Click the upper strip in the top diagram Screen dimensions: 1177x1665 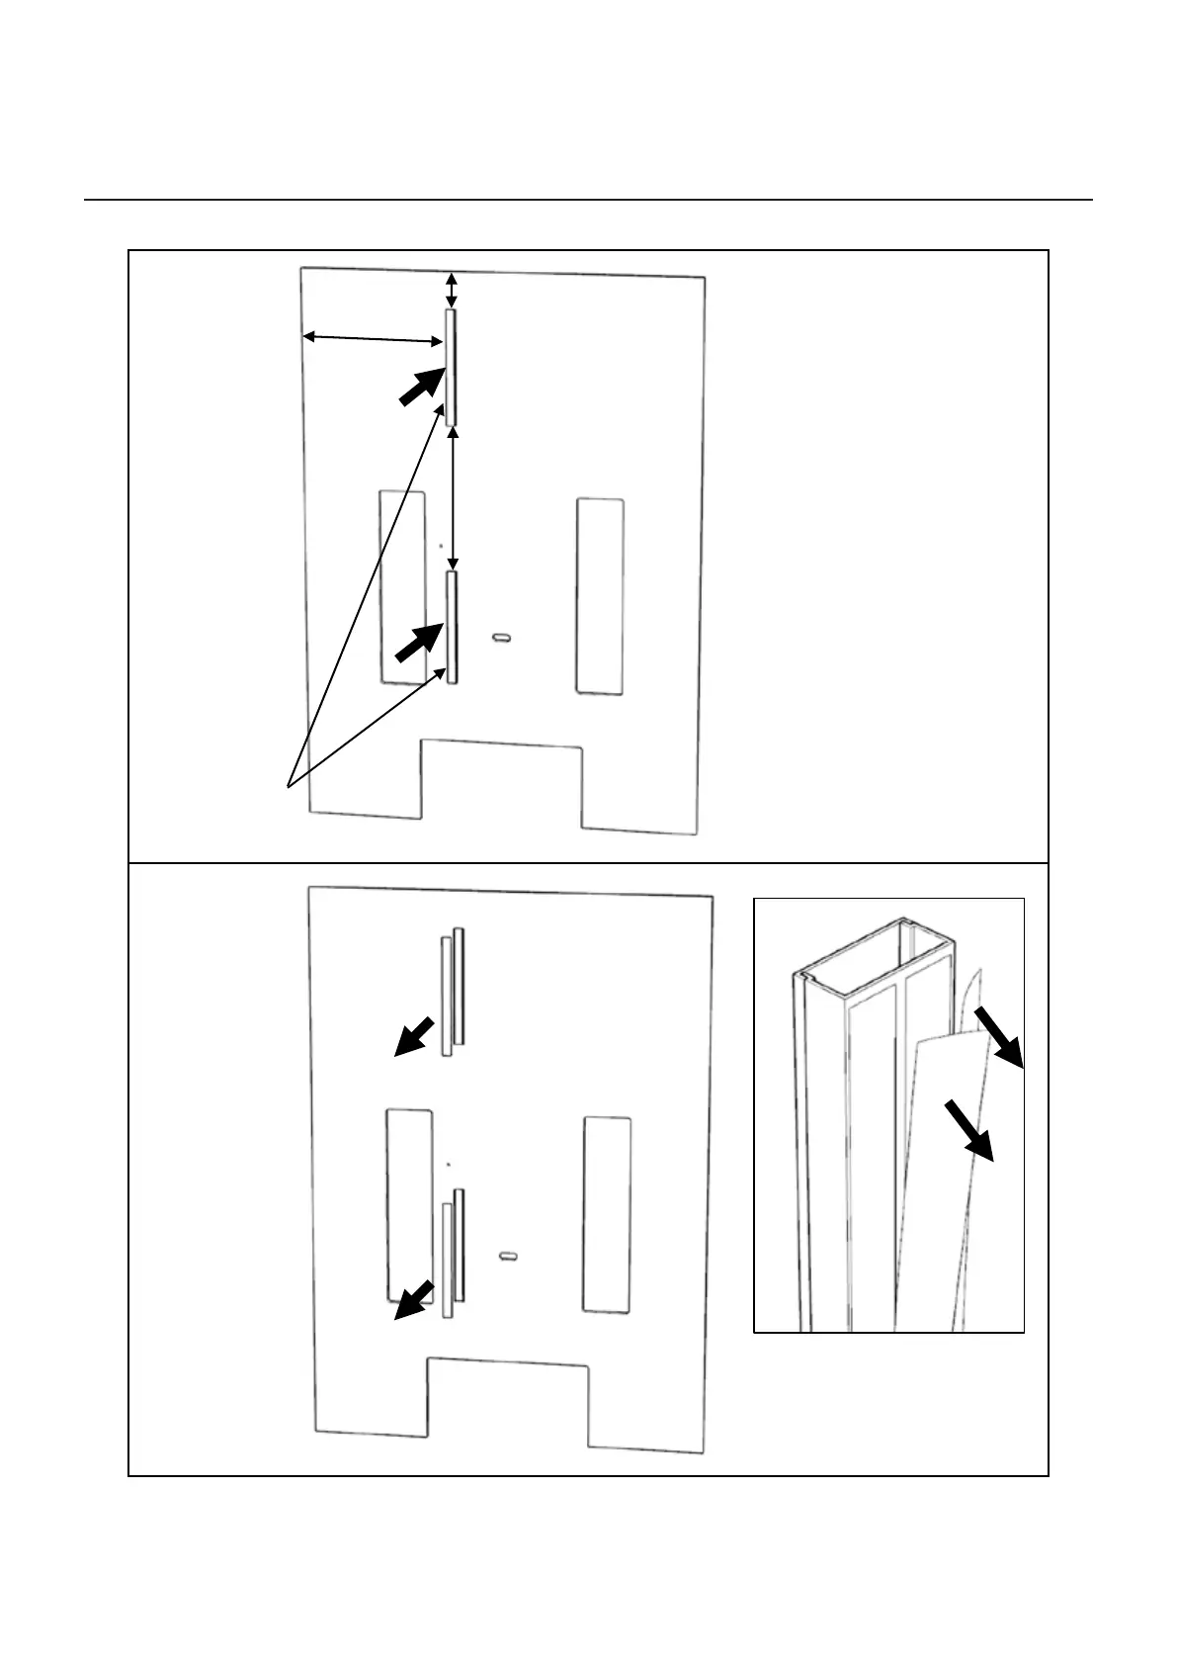click(x=451, y=367)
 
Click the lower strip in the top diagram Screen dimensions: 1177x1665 click(x=452, y=628)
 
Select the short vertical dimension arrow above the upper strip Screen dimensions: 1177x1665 click(x=452, y=290)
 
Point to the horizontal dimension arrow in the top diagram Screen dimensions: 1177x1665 click(x=373, y=339)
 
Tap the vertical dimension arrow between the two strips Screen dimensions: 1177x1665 click(x=453, y=498)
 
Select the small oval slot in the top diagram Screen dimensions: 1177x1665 click(x=503, y=639)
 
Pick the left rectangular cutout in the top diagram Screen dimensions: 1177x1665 click(x=403, y=586)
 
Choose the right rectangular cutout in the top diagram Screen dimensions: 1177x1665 click(x=600, y=595)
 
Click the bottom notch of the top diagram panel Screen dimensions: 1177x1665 click(x=501, y=781)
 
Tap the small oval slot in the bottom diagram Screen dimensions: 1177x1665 click(x=509, y=1256)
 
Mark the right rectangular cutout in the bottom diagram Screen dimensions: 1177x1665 click(x=607, y=1214)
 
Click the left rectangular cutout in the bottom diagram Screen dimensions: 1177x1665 click(x=408, y=1204)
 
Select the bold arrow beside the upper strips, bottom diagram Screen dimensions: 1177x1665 click(x=415, y=1035)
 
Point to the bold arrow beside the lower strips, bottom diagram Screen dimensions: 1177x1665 click(x=414, y=1299)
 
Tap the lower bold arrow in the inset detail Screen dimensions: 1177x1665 click(x=968, y=1128)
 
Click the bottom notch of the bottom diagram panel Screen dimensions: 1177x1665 click(x=507, y=1401)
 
